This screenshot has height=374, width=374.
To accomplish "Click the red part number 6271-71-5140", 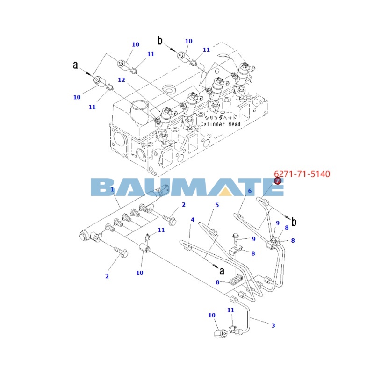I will pos(302,174).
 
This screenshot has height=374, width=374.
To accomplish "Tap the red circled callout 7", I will pos(277,181).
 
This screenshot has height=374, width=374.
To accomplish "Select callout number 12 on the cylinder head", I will pos(122,80).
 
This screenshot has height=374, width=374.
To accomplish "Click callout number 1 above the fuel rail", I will pos(113,189).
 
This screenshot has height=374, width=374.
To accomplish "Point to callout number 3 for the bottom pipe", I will pos(273,325).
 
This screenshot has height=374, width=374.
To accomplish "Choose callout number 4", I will pos(192,220).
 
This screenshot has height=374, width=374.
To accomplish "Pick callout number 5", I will pos(217,205).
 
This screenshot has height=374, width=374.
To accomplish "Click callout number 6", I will pos(250,191).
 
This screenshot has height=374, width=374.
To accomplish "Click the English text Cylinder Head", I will pos(221,124).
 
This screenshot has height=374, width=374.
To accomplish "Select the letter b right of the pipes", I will pos(294,222).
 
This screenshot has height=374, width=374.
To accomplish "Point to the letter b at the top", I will pos(160,41).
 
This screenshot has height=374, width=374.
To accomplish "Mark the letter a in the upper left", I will pos(75,65).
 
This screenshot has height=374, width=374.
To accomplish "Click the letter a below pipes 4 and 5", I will pos(222,270).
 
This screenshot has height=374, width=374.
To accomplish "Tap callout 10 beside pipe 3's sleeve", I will pos(212,315).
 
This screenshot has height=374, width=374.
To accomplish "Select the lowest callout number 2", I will pos(107,276).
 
